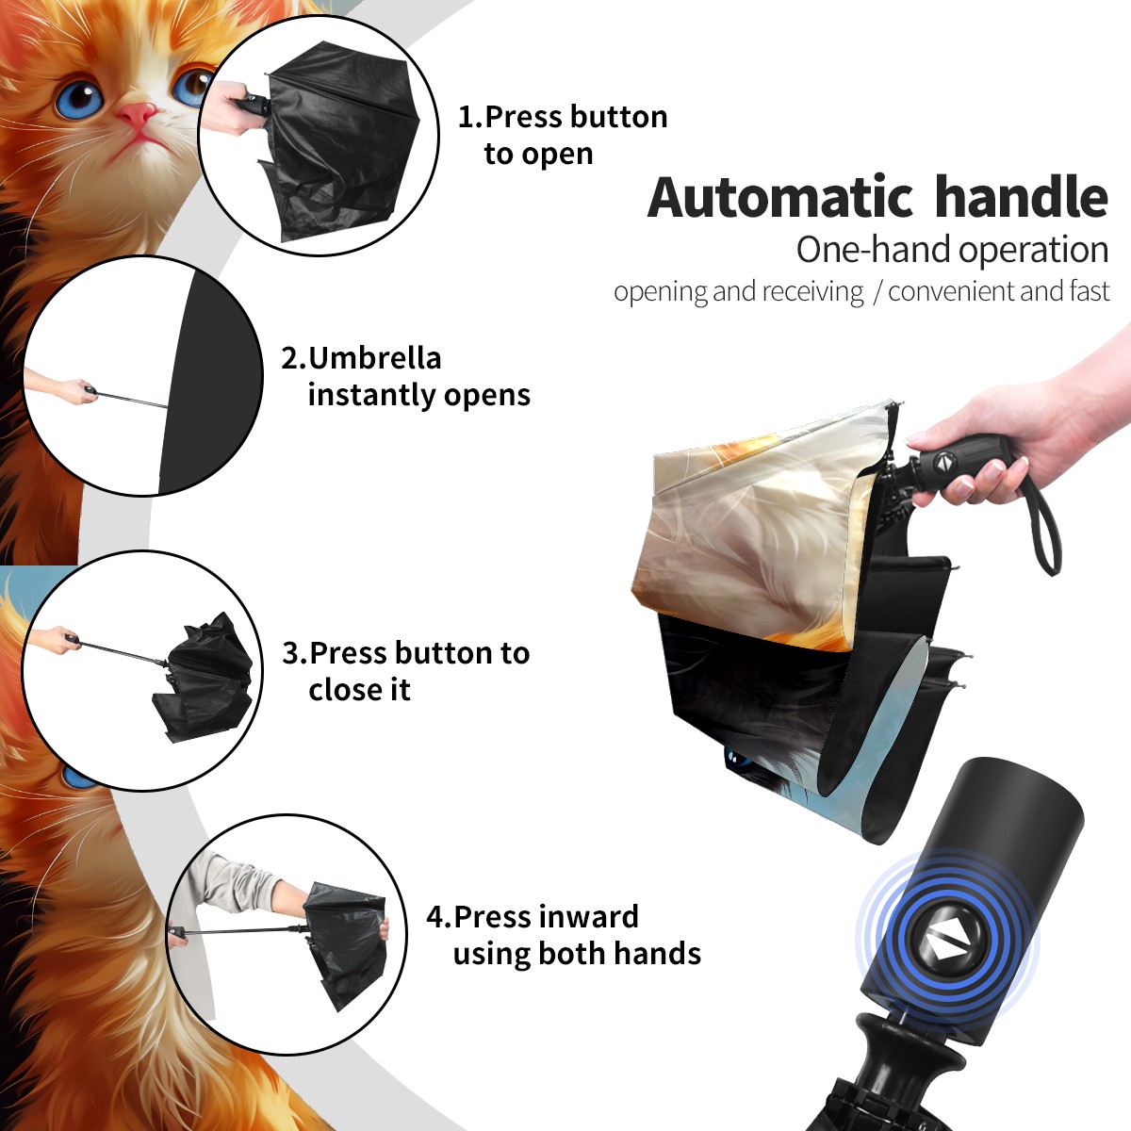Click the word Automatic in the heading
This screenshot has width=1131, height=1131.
(x=780, y=197)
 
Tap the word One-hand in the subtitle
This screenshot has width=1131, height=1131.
(x=875, y=250)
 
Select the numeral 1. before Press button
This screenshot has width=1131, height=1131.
(x=469, y=117)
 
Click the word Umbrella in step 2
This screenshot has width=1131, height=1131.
(x=374, y=358)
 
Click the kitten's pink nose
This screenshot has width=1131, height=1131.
(x=138, y=114)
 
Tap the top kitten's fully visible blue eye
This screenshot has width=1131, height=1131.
(x=78, y=99)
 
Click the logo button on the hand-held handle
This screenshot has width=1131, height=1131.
(x=943, y=463)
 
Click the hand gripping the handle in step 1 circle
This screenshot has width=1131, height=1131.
(x=228, y=107)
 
